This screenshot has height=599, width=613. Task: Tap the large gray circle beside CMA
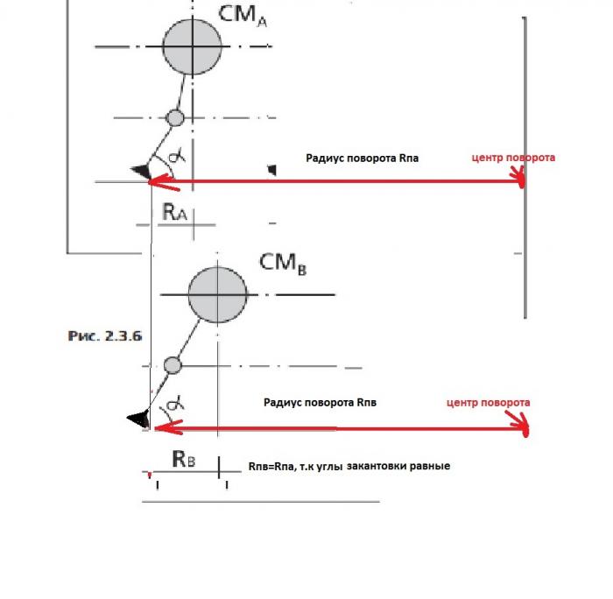pos(192,46)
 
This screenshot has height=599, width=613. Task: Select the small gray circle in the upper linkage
pos(175,117)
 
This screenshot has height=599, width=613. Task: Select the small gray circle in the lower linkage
pos(173,364)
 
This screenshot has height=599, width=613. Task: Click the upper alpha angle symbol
pos(176,155)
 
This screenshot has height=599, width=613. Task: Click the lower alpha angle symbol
pos(174,404)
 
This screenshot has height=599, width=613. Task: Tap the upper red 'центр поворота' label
pos(513,158)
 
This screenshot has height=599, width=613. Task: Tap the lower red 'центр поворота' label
pos(488,403)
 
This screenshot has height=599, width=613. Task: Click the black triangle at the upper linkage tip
pos(141,173)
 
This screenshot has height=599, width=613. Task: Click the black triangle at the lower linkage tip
pos(137,419)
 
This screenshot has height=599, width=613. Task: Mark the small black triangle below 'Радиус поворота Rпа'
pos(272,169)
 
